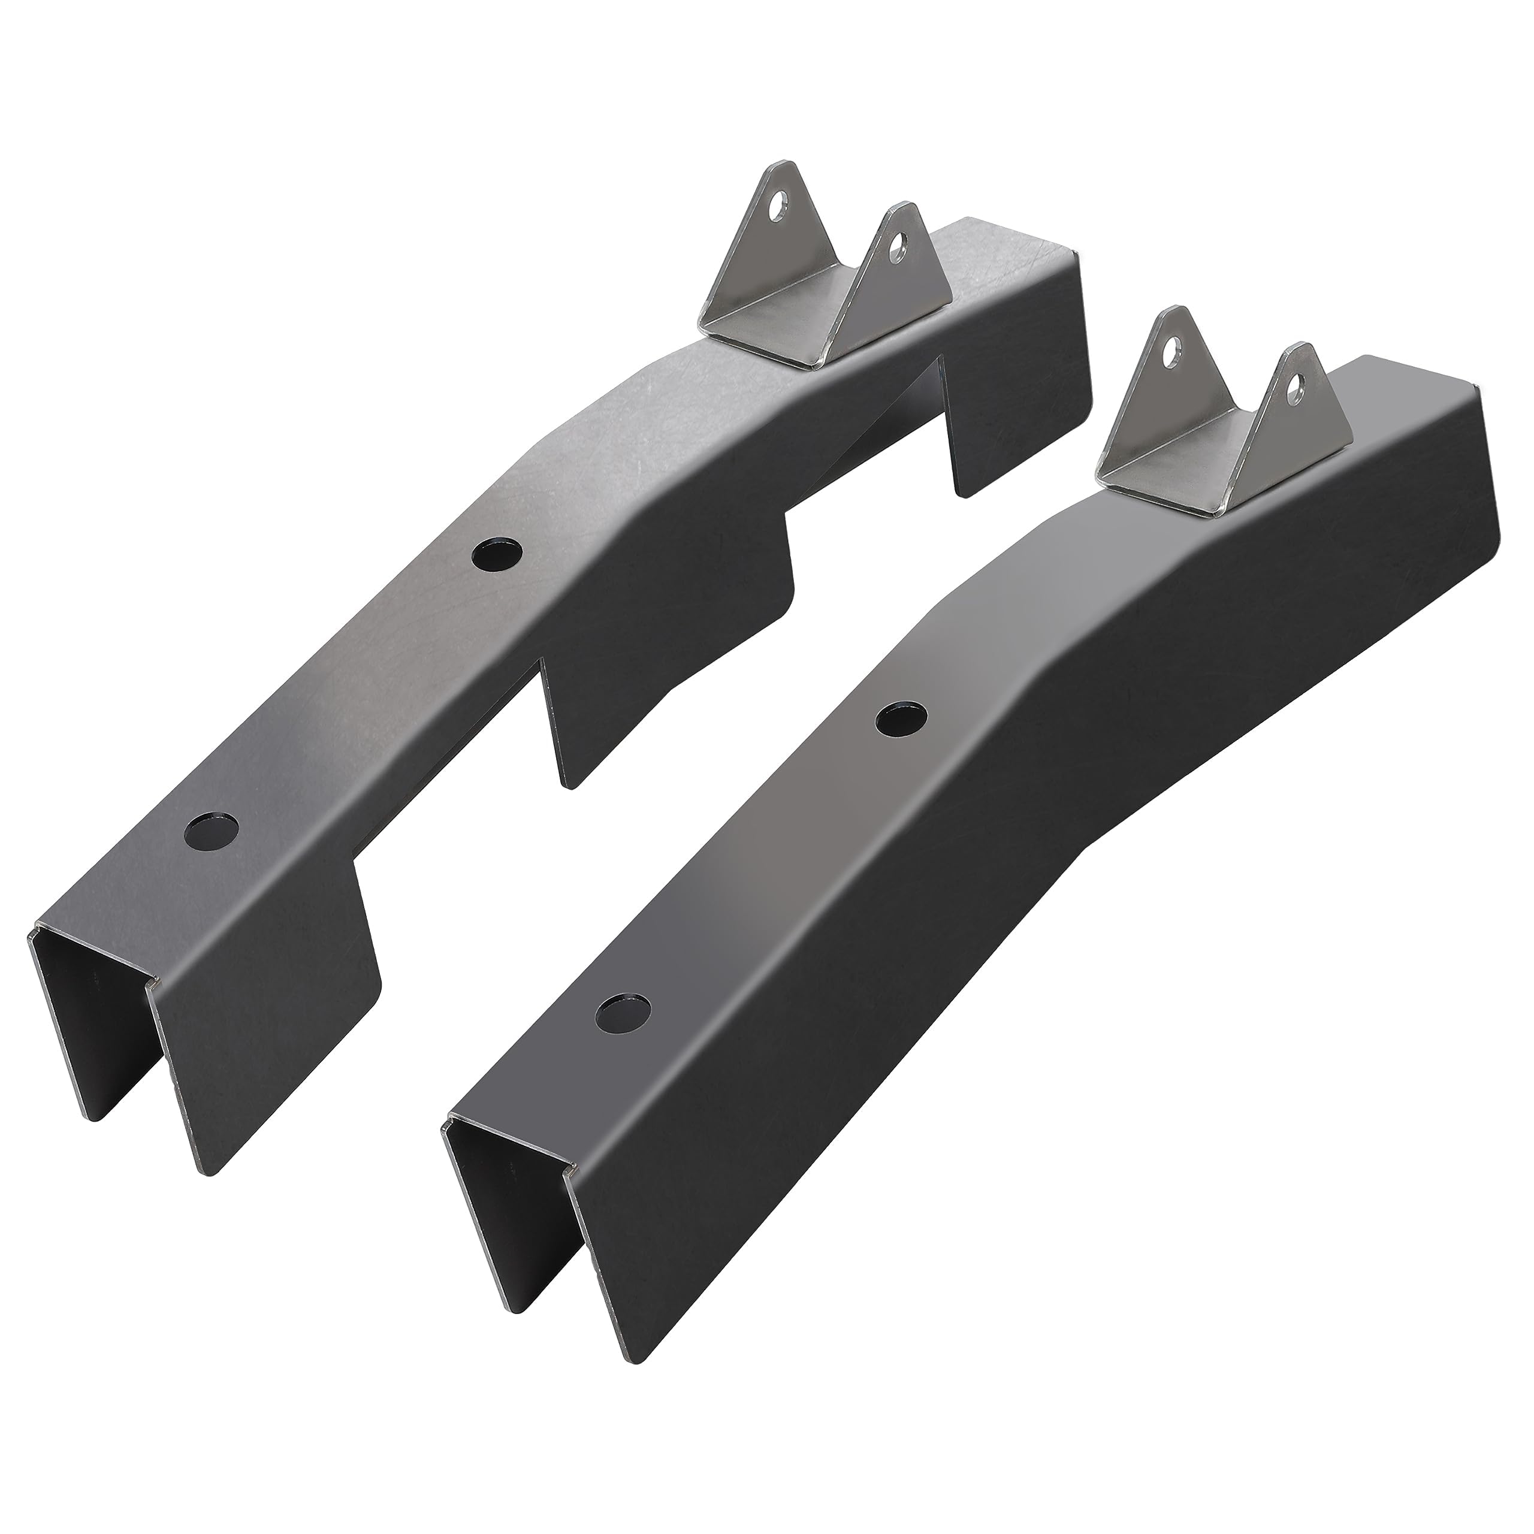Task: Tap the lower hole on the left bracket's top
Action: point(212,831)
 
